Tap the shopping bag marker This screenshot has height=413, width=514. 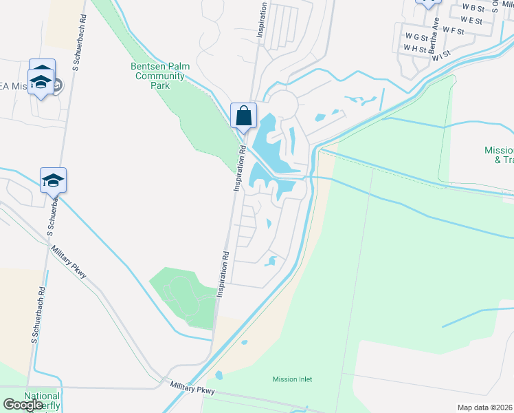pos(243,115)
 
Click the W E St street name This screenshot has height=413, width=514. pos(471,20)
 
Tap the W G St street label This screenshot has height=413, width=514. pos(416,36)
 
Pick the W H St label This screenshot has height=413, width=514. pos(416,48)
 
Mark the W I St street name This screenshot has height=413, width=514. pos(441,54)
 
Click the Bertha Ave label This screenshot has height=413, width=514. pos(433,41)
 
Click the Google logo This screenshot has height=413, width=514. pos(23,405)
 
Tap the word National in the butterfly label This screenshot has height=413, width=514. pos(42,396)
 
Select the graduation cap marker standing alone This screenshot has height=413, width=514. pos(53,180)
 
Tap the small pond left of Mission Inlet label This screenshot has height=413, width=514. pos(219,376)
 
